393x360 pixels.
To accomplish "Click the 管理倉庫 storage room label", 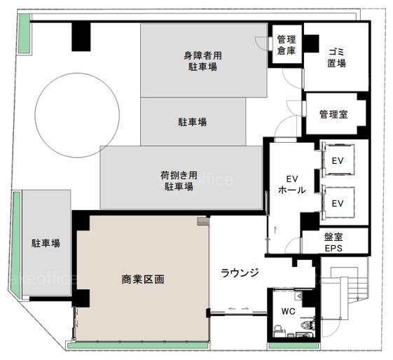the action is [x=287, y=45].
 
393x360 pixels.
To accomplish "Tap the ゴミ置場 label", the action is [x=336, y=58].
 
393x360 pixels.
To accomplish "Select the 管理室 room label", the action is [x=333, y=114].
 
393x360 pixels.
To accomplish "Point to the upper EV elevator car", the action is [x=338, y=160].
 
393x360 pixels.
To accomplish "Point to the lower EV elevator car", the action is [x=338, y=202].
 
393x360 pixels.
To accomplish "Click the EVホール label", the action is [x=292, y=184].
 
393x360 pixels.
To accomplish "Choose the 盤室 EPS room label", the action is [x=333, y=242].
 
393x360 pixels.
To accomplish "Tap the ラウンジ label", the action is [x=240, y=272].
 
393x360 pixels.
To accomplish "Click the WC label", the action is [x=288, y=312].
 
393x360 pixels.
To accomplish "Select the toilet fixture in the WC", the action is [x=308, y=324].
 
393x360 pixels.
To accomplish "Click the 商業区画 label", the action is [x=143, y=279].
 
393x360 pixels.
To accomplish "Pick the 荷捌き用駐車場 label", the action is [x=179, y=181].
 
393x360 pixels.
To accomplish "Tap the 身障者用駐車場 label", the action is [x=202, y=61].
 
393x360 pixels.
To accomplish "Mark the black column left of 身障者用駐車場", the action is [x=81, y=36].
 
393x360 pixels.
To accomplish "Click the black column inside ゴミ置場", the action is [x=311, y=43].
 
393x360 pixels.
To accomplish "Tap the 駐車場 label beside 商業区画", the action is [x=46, y=243].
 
